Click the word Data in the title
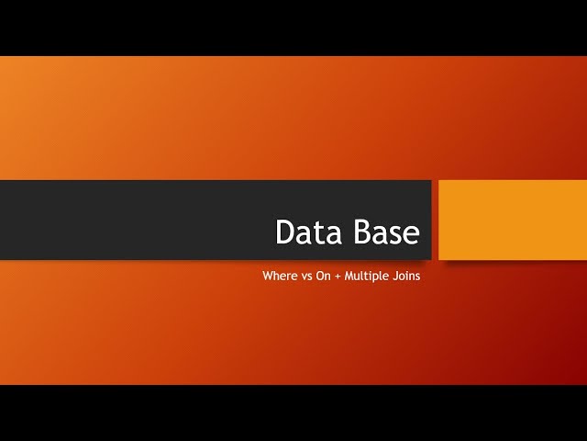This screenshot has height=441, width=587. click(x=307, y=232)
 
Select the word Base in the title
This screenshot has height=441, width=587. click(x=384, y=232)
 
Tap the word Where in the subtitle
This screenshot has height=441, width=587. click(x=280, y=276)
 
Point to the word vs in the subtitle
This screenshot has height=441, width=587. click(x=306, y=276)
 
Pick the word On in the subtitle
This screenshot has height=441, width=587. click(x=323, y=276)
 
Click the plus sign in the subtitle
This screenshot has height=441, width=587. click(x=338, y=276)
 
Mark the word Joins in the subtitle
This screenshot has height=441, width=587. click(x=405, y=276)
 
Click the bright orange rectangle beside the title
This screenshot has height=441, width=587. click(x=513, y=220)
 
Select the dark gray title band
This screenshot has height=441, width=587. click(x=138, y=220)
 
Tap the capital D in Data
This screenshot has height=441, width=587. click(x=285, y=232)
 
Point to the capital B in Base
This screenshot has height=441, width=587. click(x=357, y=232)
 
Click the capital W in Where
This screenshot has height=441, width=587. click(x=268, y=276)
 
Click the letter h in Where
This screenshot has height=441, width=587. click(x=276, y=276)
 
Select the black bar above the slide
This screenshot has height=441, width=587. click(x=293, y=28)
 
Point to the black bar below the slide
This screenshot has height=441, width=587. click(x=293, y=413)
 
